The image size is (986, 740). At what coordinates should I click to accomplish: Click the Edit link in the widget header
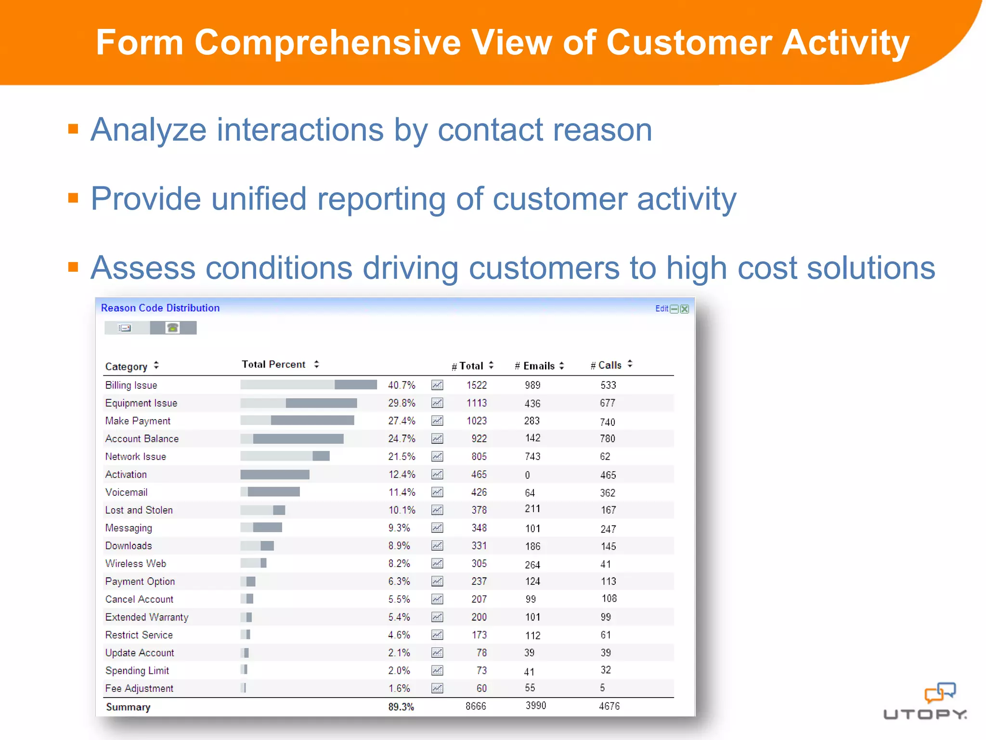pyautogui.click(x=661, y=309)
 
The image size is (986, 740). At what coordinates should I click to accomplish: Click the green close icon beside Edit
pyautogui.click(x=684, y=309)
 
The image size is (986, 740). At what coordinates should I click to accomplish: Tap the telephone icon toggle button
pyautogui.click(x=173, y=328)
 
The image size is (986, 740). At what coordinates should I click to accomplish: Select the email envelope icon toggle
pyautogui.click(x=126, y=328)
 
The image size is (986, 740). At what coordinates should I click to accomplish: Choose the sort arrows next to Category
pyautogui.click(x=156, y=366)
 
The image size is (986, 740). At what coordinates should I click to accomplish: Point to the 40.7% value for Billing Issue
pyautogui.click(x=402, y=385)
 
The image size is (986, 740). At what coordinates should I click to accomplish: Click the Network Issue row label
pyautogui.click(x=135, y=456)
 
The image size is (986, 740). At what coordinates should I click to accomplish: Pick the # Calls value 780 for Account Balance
pyautogui.click(x=607, y=438)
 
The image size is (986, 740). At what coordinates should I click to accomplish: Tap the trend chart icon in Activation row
pyautogui.click(x=437, y=475)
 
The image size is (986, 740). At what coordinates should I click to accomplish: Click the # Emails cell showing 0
pyautogui.click(x=527, y=475)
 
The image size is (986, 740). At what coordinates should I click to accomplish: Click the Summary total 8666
pyautogui.click(x=476, y=706)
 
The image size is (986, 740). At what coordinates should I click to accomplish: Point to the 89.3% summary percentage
pyautogui.click(x=401, y=707)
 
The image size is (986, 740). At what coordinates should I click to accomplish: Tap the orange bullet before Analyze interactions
pyautogui.click(x=73, y=129)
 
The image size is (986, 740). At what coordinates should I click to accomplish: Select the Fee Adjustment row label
pyautogui.click(x=139, y=688)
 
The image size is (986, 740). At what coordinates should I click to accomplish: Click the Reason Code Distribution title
pyautogui.click(x=160, y=308)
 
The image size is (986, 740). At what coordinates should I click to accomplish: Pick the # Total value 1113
pyautogui.click(x=476, y=403)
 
